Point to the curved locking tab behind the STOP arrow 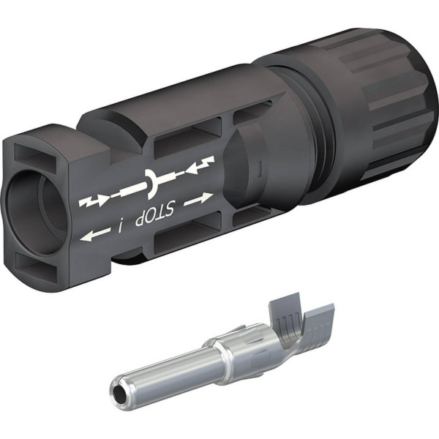pos(245,172)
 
